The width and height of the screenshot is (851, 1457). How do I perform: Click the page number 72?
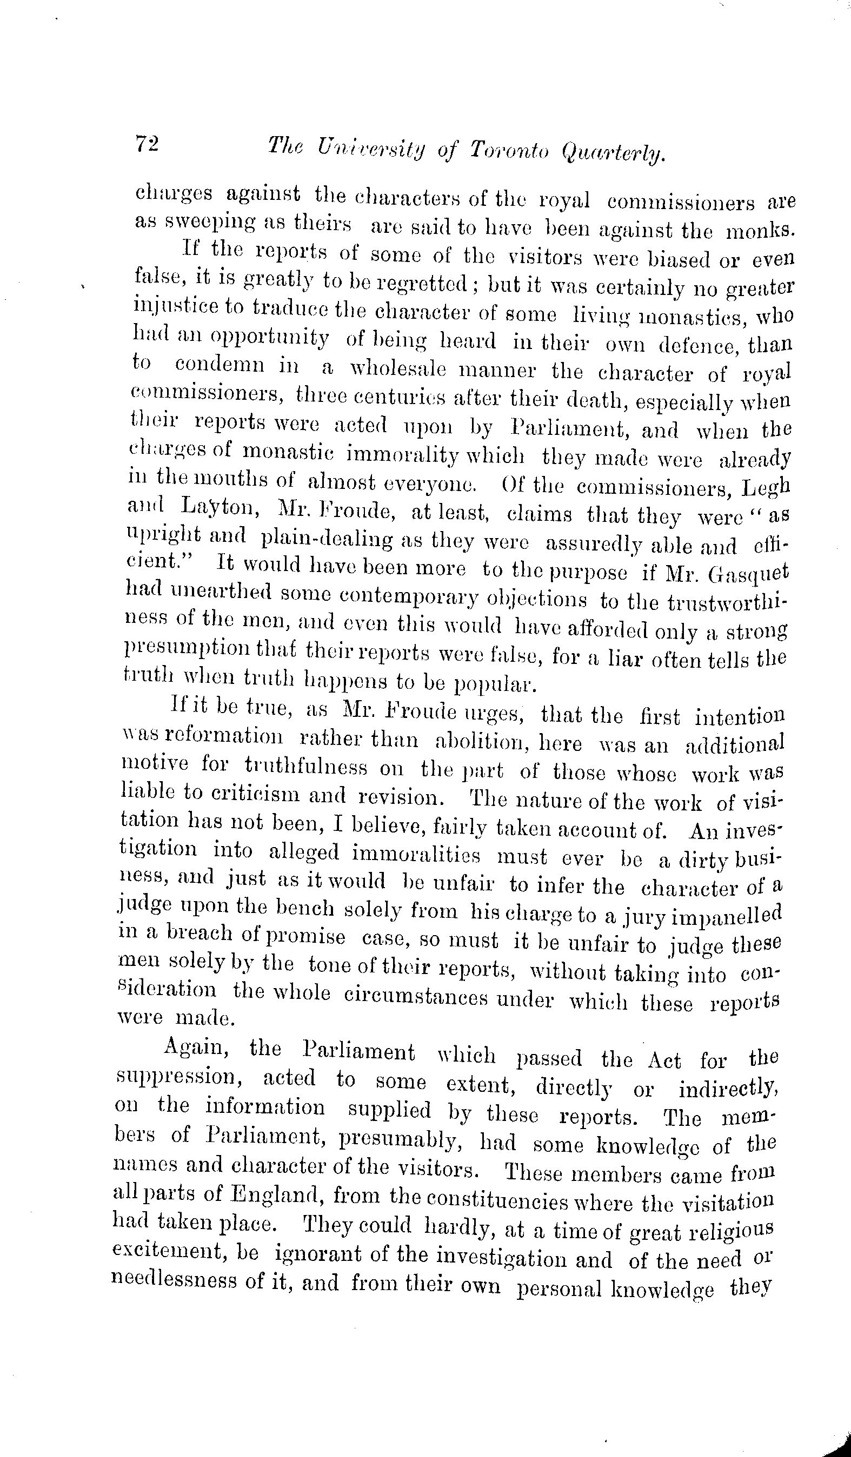(147, 143)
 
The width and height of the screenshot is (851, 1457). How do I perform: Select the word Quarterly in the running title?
(613, 153)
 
